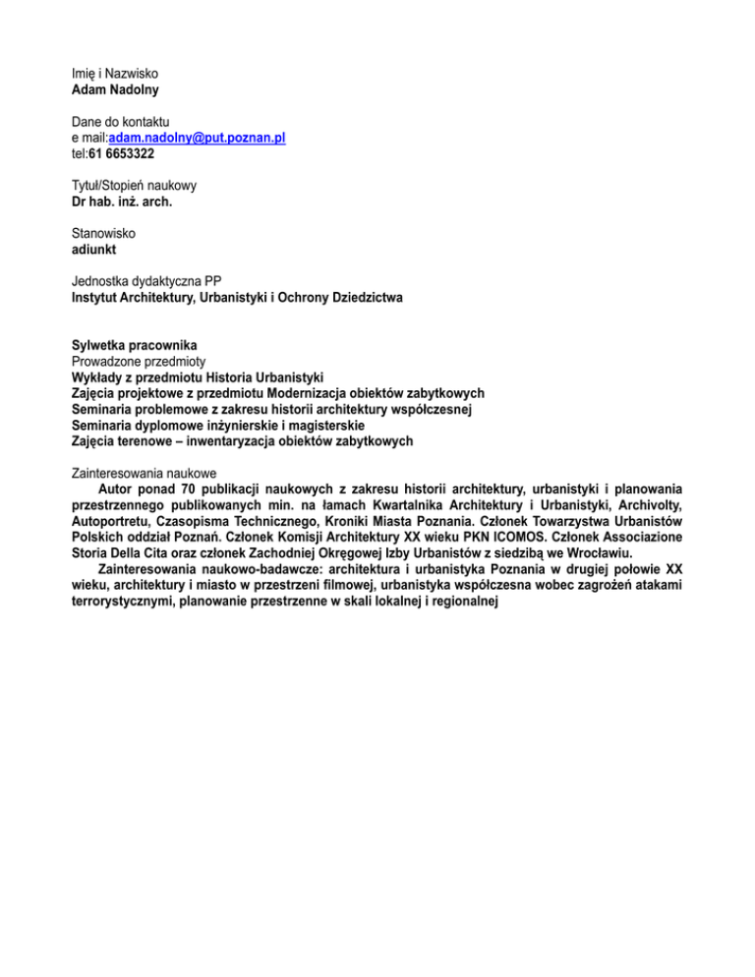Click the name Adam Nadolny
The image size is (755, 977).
115,89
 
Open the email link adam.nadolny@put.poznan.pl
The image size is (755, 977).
198,139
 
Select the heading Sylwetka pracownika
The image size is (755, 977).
136,345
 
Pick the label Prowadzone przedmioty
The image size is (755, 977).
137,361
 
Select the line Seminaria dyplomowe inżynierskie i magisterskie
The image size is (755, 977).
218,426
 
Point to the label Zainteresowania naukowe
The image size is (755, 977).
145,473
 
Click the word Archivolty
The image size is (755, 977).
648,504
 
